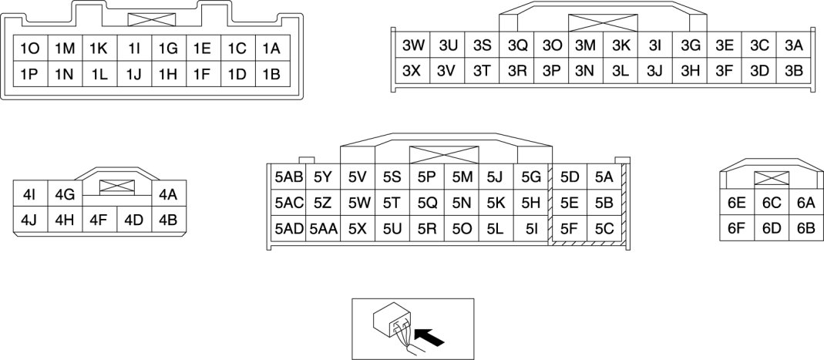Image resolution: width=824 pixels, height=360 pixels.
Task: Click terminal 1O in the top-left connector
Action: click(x=31, y=49)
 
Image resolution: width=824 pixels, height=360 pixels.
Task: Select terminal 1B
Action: click(x=271, y=75)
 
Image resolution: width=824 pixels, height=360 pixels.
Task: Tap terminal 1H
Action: click(x=168, y=75)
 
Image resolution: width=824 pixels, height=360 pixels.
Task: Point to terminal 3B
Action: click(x=794, y=71)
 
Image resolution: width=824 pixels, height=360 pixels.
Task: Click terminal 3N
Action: click(x=585, y=71)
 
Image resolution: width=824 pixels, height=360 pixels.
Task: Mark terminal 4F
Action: click(x=98, y=220)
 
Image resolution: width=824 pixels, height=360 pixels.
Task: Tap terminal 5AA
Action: click(x=324, y=229)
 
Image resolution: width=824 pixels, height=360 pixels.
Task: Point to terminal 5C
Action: click(x=604, y=229)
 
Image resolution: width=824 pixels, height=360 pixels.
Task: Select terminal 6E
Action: click(x=736, y=204)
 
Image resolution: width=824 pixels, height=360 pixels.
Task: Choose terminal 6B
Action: click(x=806, y=229)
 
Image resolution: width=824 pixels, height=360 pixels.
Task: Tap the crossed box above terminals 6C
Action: click(x=771, y=179)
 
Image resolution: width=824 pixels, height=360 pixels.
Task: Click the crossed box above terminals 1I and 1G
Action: click(x=151, y=20)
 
